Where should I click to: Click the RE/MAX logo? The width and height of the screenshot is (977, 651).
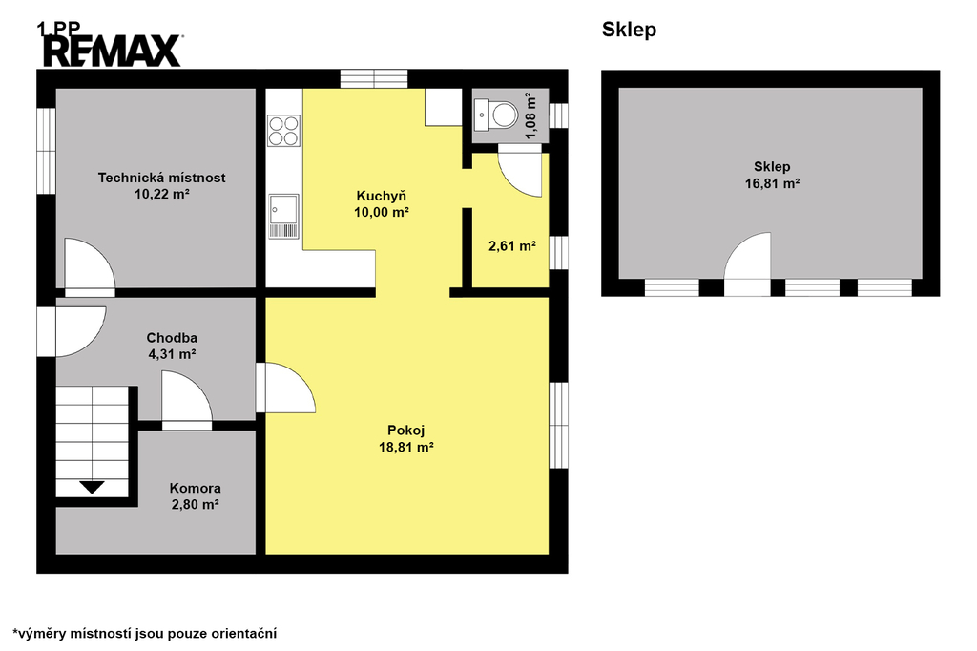click(x=113, y=52)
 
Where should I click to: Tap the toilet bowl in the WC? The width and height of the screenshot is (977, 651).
click(x=504, y=115)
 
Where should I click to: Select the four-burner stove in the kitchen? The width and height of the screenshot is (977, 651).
click(x=284, y=131)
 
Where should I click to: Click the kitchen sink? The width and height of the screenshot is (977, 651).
click(x=284, y=217)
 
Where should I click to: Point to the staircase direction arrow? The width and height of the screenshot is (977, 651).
click(x=92, y=488)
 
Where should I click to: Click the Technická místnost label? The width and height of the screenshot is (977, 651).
click(x=161, y=178)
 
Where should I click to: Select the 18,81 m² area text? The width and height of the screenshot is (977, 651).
click(x=406, y=447)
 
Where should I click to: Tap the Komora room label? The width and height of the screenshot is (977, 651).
click(x=195, y=489)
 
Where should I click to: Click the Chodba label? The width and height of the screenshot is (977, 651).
click(x=172, y=338)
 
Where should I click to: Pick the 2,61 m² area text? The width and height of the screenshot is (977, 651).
click(x=512, y=246)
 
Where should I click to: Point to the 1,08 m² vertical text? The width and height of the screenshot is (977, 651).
click(x=530, y=116)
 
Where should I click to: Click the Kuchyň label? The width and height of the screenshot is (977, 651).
click(x=382, y=196)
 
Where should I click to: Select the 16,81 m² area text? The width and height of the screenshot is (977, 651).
click(x=773, y=183)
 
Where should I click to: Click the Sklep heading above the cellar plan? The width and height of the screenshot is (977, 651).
click(x=630, y=30)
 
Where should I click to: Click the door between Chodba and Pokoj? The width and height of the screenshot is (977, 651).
click(x=285, y=388)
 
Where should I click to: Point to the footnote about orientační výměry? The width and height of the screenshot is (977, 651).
click(x=145, y=634)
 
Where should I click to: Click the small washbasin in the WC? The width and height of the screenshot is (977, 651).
click(x=481, y=115)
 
